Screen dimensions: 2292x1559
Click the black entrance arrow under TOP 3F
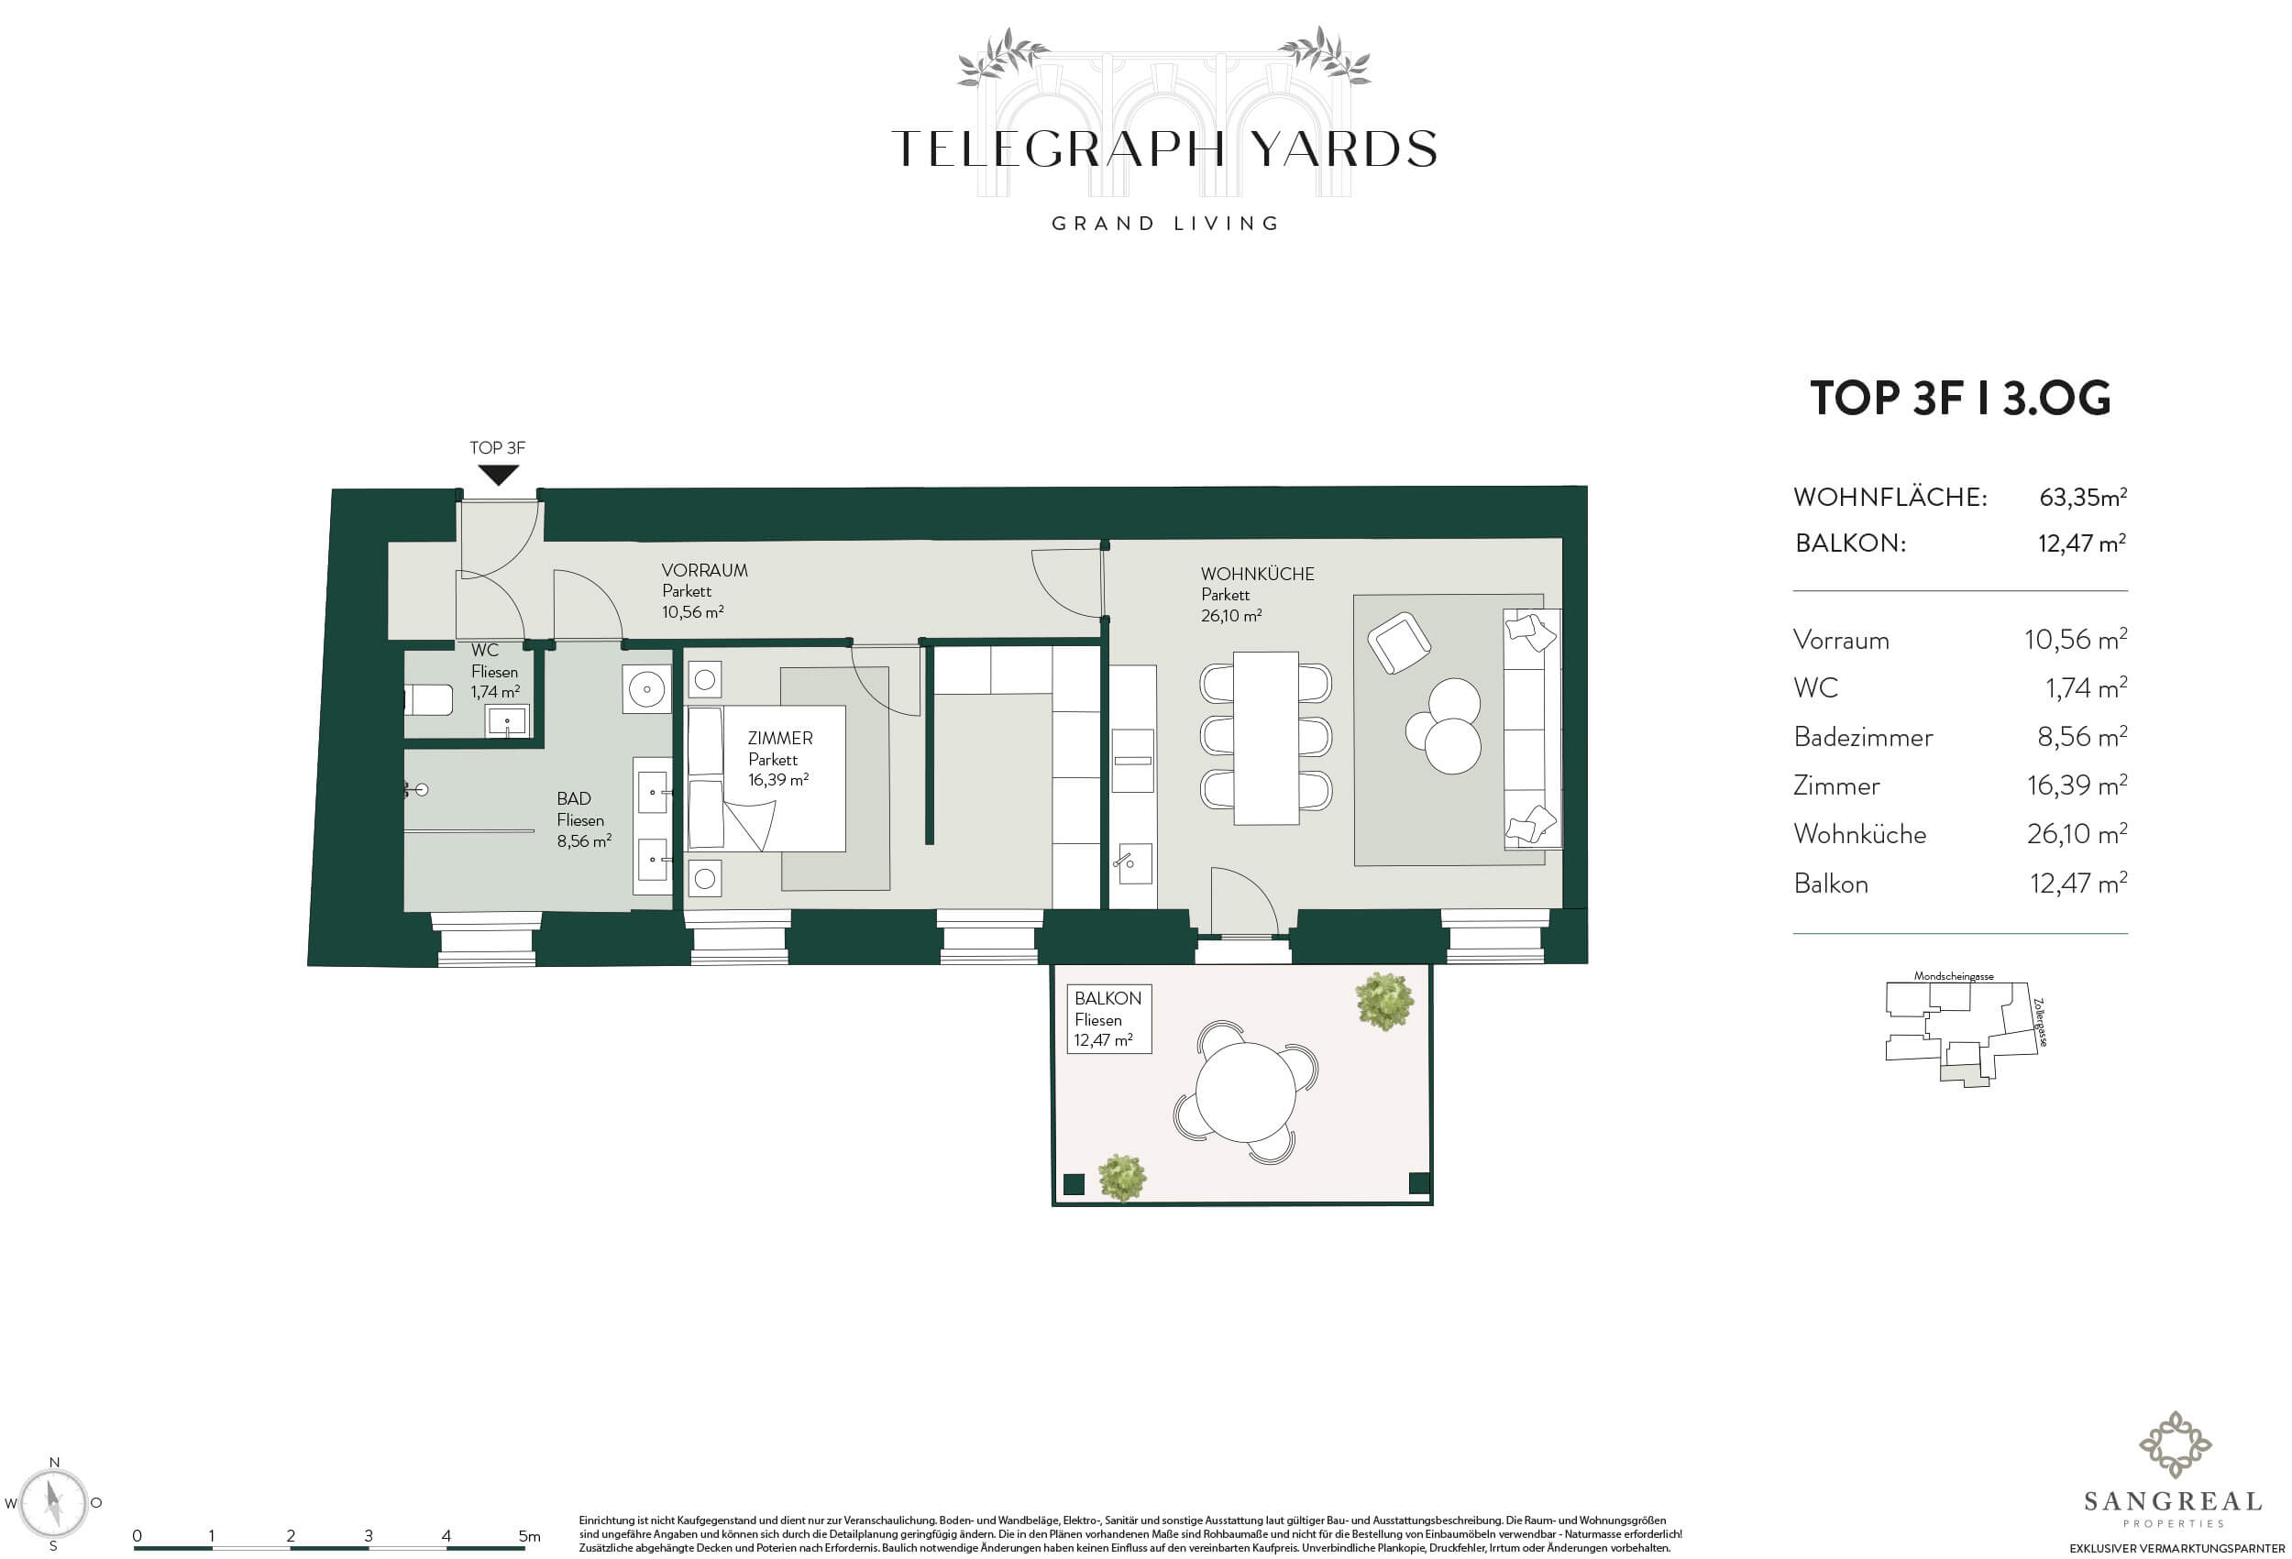click(x=498, y=475)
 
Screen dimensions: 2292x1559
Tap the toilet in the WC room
click(x=428, y=700)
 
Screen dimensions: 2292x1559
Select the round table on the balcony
click(x=1247, y=1092)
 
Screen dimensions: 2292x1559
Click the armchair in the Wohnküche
click(x=1398, y=642)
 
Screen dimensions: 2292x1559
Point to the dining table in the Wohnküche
click(x=1265, y=738)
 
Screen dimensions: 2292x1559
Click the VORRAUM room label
click(x=704, y=570)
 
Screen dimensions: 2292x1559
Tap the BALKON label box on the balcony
click(x=1108, y=1019)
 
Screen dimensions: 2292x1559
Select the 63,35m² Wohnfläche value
click(x=2083, y=496)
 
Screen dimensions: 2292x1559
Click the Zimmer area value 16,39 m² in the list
click(x=2077, y=785)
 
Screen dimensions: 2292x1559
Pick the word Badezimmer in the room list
click(x=1863, y=737)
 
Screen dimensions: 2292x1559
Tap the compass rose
click(x=55, y=1504)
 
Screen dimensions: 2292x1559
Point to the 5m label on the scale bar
click(x=530, y=1535)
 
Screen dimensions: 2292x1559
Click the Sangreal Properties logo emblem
click(x=2174, y=1445)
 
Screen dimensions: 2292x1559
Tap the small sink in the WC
click(x=508, y=719)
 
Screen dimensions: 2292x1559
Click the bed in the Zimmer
click(x=766, y=778)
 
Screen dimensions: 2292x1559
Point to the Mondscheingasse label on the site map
click(x=1954, y=976)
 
